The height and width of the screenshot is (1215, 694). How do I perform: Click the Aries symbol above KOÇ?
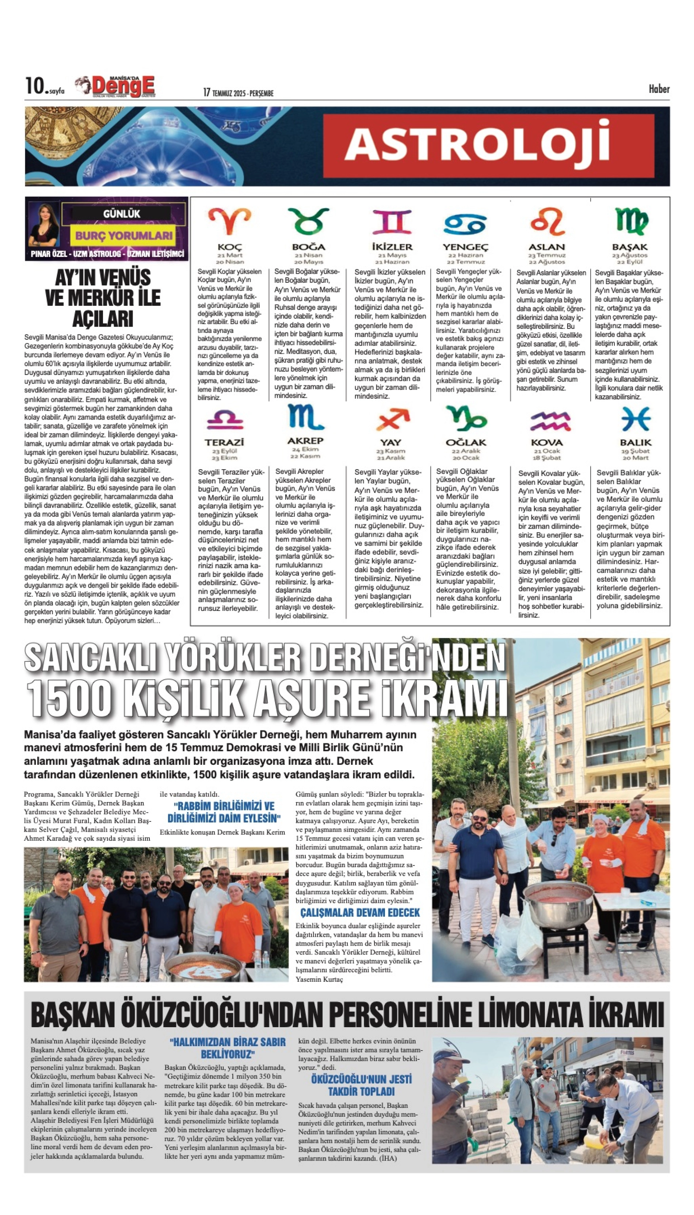[230, 222]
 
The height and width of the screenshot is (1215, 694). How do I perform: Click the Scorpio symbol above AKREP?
[305, 417]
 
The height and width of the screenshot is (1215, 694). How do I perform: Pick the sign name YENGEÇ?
[465, 247]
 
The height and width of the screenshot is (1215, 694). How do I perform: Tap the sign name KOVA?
[547, 442]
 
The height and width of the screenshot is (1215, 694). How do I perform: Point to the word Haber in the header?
[659, 89]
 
